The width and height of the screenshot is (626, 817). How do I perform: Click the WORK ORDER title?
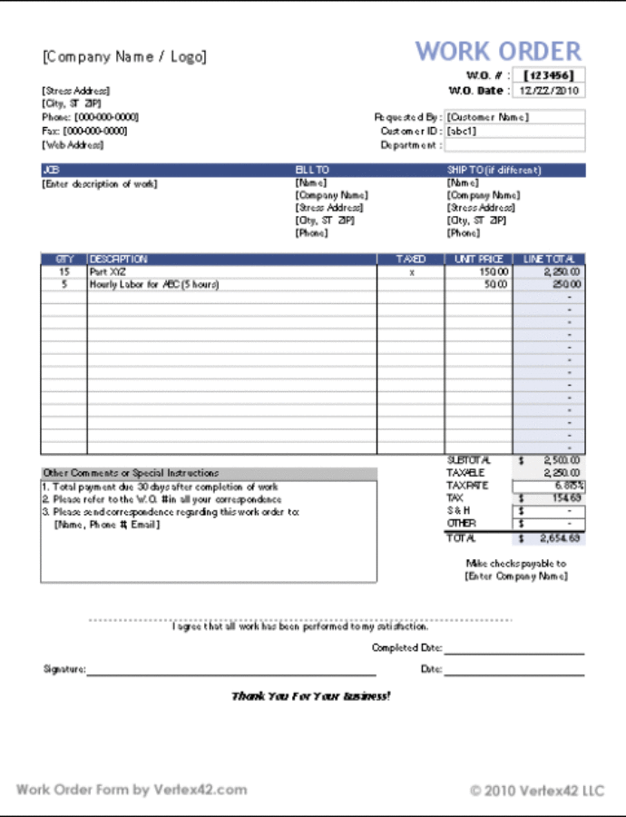coord(498,51)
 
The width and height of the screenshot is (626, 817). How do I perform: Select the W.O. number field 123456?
coord(550,75)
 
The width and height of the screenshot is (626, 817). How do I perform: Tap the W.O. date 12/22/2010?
coord(550,91)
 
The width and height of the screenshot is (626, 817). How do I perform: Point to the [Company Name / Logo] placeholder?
coord(124,56)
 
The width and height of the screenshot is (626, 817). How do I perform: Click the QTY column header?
coord(64,260)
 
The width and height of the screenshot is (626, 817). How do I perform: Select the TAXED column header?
coord(411,260)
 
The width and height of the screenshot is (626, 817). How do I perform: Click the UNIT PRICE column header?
coord(478,260)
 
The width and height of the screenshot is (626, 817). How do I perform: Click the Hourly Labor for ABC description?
coord(154,284)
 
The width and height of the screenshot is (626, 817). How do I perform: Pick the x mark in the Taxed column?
coord(411,272)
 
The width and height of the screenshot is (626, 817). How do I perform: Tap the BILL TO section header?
coord(312,170)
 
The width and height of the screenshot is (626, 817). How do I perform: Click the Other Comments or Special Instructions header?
coord(131,473)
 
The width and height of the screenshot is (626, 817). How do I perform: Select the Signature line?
coord(230,672)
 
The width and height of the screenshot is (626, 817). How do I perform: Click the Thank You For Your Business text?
coord(311,696)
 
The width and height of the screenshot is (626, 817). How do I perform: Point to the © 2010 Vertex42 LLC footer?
coord(536,791)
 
